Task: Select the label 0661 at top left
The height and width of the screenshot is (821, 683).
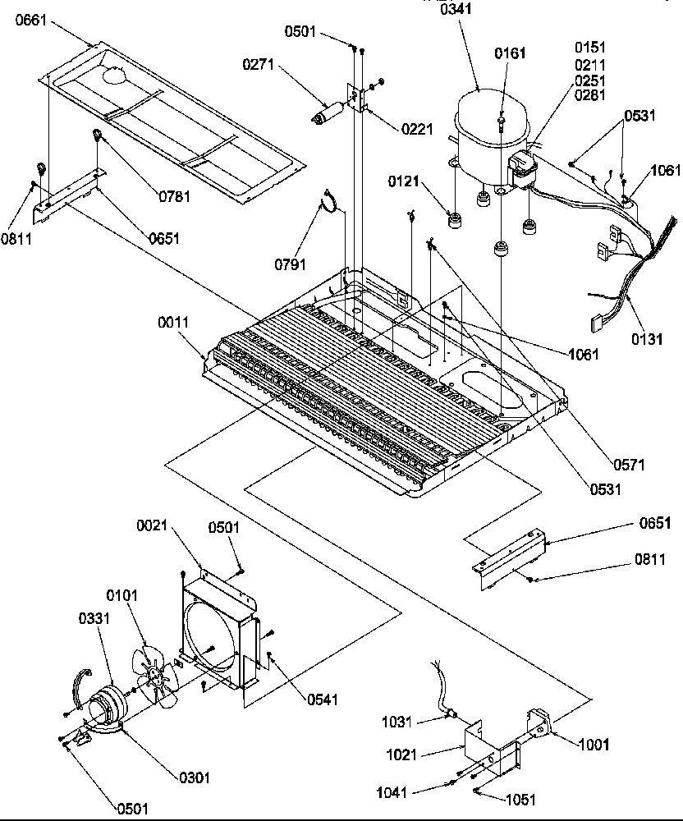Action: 31,23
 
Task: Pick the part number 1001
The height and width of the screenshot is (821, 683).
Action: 593,745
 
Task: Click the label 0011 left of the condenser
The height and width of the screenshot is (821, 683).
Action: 172,323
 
